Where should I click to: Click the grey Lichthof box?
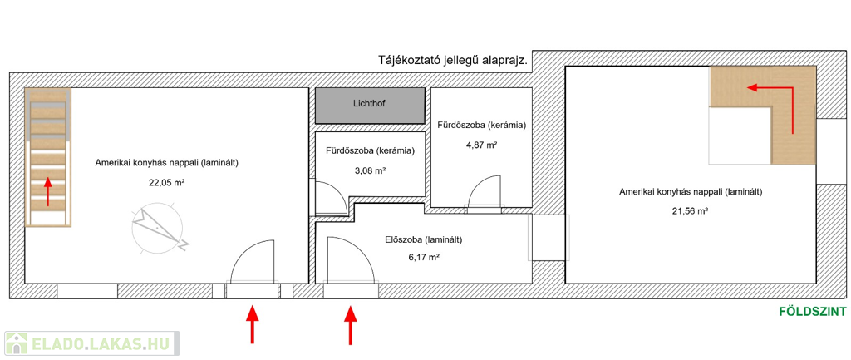click(370, 106)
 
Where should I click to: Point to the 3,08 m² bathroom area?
click(370, 170)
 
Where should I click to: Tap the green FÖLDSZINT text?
click(813, 312)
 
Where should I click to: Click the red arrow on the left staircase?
click(47, 190)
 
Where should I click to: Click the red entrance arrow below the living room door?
click(252, 324)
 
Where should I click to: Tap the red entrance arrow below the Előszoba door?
click(351, 325)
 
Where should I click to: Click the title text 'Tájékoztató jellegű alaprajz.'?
click(454, 60)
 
